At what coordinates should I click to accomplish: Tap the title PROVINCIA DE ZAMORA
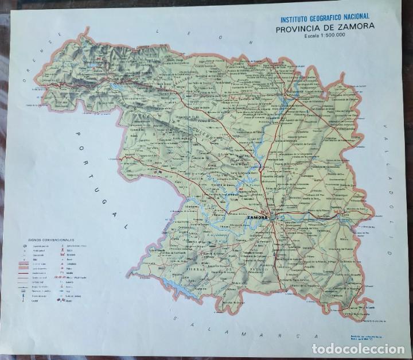325,27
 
